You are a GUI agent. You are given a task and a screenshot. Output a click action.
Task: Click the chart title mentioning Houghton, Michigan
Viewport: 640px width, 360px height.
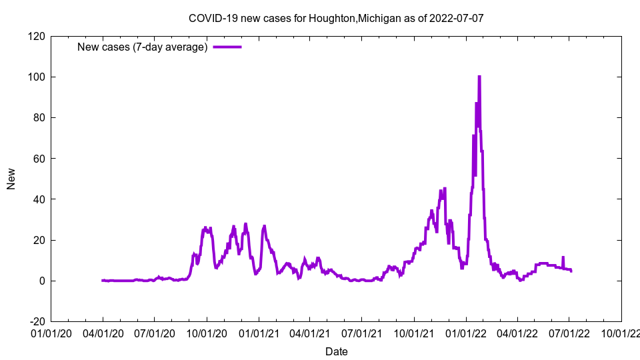click(336, 18)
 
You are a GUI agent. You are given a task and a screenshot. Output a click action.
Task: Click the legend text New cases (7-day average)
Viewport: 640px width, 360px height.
click(143, 47)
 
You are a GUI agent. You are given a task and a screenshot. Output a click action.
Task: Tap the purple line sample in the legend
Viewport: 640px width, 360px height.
click(227, 47)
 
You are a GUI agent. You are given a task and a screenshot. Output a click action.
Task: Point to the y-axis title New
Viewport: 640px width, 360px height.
click(11, 179)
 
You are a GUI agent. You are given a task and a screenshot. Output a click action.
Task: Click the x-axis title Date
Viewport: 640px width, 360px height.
click(336, 351)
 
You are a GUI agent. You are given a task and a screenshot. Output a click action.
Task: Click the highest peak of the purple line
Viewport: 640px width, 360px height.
click(479, 77)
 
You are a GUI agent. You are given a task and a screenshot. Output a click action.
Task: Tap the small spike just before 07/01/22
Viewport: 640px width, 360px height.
click(563, 257)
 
